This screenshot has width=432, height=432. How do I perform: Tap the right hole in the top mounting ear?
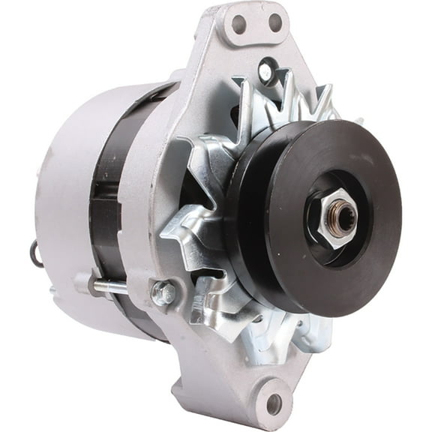(274, 22)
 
